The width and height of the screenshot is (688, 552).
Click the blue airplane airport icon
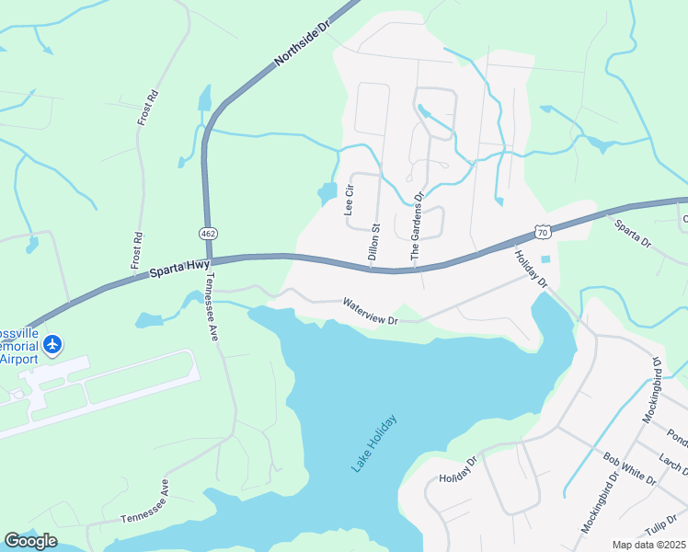[x=53, y=344]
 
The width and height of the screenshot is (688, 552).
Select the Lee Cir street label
[x=349, y=199]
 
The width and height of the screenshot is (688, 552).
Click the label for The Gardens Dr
[x=417, y=229]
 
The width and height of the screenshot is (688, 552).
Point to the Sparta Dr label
[x=632, y=235]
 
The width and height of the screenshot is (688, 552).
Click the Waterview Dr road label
[x=370, y=311]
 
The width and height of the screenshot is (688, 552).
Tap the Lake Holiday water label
[x=374, y=443]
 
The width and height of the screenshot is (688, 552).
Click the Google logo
[x=30, y=541]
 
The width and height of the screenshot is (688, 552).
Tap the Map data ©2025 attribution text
[x=648, y=545]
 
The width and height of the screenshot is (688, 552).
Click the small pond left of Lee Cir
[x=327, y=194]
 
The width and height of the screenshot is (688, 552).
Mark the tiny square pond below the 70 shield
[x=545, y=259]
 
